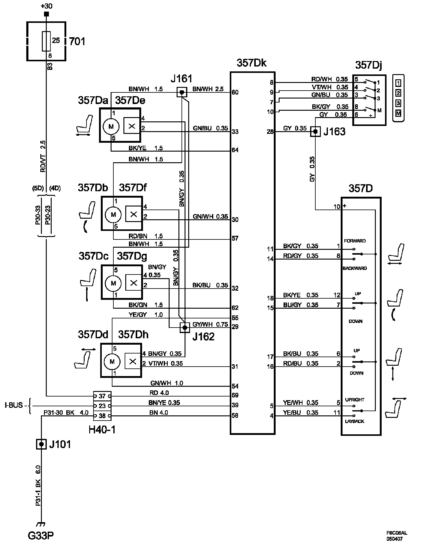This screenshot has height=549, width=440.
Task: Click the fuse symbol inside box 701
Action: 46,41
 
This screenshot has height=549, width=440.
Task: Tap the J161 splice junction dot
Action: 182,92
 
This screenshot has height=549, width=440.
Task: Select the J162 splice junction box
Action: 185,328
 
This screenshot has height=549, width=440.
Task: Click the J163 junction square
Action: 315,132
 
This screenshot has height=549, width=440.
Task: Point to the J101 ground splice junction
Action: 41,444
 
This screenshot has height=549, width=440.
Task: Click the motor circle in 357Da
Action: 111,126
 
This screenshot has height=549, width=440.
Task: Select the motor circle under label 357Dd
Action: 112,362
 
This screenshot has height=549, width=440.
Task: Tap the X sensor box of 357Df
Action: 134,214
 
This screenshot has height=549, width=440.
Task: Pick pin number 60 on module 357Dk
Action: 235,92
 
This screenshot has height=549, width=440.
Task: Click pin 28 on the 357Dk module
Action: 270,132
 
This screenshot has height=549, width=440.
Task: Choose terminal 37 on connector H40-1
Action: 102,396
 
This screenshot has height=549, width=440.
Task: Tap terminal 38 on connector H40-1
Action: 102,416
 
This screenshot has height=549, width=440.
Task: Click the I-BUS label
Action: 14,405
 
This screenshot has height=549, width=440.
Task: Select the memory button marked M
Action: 398,113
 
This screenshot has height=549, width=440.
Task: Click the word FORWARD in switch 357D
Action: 355,241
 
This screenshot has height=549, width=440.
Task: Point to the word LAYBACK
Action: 354,421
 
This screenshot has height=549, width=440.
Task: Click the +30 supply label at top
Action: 46,6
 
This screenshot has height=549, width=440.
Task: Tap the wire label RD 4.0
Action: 159,393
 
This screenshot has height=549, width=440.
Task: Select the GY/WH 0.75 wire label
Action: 210,324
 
